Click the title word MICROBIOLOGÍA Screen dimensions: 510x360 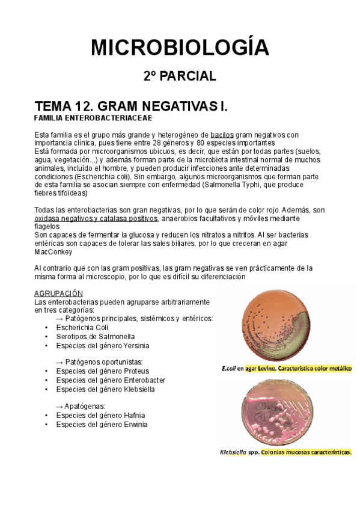(x=180, y=47)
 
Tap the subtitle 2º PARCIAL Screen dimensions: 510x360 (x=180, y=76)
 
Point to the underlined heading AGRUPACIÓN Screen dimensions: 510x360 (x=58, y=292)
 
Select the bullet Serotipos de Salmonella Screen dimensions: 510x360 (x=96, y=337)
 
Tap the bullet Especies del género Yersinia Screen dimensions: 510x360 (x=103, y=346)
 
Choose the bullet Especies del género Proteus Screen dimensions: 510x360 (x=102, y=372)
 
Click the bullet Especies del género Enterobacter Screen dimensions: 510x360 (x=111, y=381)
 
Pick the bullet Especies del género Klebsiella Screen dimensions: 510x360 (x=105, y=389)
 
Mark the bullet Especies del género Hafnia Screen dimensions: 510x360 (x=100, y=416)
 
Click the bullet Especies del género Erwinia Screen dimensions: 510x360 (x=102, y=425)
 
